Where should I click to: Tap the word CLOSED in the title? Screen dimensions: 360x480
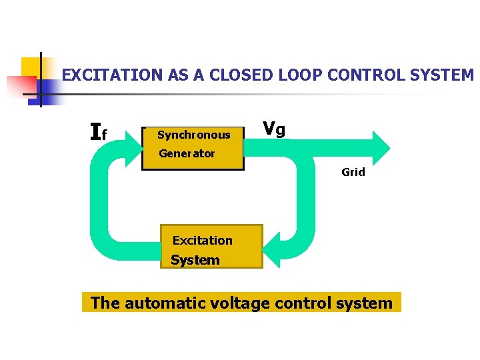pyautogui.click(x=232, y=75)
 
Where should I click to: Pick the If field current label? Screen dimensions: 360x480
pyautogui.click(x=98, y=133)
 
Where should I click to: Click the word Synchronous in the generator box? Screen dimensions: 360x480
pyautogui.click(x=193, y=135)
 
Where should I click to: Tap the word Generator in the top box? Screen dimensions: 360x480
pyautogui.click(x=187, y=153)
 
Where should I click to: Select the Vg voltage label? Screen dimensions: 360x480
pyautogui.click(x=274, y=129)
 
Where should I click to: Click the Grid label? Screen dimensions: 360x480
pyautogui.click(x=353, y=172)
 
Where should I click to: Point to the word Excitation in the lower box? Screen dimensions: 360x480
pyautogui.click(x=203, y=241)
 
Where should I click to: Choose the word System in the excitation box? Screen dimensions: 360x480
pyautogui.click(x=195, y=260)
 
